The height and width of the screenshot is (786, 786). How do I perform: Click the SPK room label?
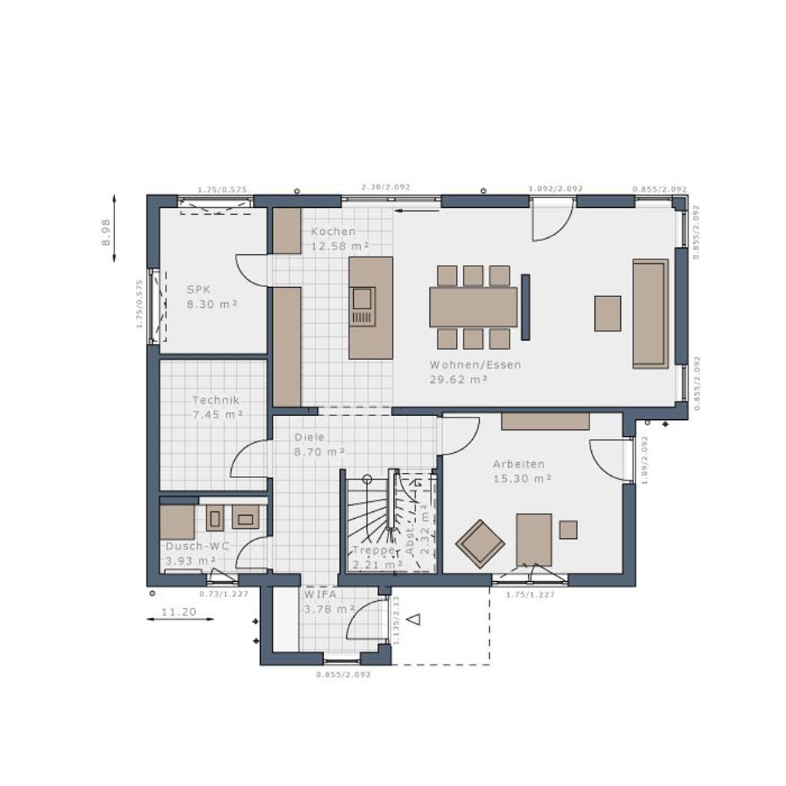pyautogui.click(x=199, y=289)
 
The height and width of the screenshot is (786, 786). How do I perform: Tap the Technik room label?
pyautogui.click(x=216, y=400)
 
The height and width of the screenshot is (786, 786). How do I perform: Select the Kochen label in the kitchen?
pyautogui.click(x=333, y=231)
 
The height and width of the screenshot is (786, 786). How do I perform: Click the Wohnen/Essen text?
pyautogui.click(x=475, y=365)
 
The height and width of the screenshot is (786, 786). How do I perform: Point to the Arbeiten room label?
pyautogui.click(x=519, y=464)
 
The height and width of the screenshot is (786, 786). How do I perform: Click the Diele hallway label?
pyautogui.click(x=309, y=437)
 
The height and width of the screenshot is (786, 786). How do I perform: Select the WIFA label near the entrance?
pyautogui.click(x=320, y=594)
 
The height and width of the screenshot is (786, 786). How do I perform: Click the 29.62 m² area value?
pyautogui.click(x=460, y=379)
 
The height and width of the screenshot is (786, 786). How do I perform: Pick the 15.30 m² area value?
pyautogui.click(x=523, y=478)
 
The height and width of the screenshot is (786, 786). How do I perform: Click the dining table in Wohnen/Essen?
pyautogui.click(x=474, y=306)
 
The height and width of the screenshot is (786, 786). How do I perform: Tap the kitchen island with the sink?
pyautogui.click(x=370, y=307)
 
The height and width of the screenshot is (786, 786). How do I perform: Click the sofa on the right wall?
pyautogui.click(x=650, y=313)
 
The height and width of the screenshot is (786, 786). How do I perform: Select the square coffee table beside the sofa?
pyautogui.click(x=607, y=313)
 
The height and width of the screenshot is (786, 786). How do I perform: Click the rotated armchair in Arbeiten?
pyautogui.click(x=480, y=543)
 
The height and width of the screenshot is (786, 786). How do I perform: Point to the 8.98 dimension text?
pyautogui.click(x=107, y=231)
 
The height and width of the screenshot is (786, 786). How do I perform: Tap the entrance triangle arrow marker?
pyautogui.click(x=414, y=619)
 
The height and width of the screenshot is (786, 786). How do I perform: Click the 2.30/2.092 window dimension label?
pyautogui.click(x=385, y=187)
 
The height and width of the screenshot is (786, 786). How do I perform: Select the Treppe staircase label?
pyautogui.click(x=374, y=550)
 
